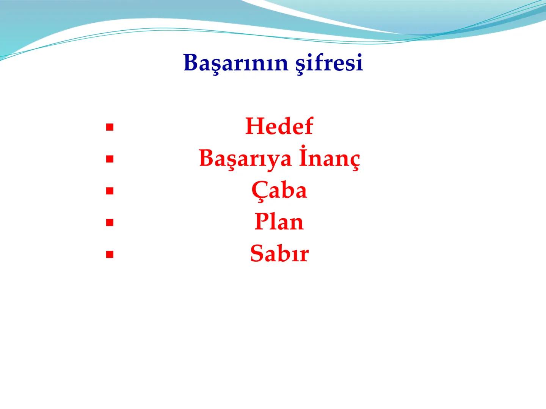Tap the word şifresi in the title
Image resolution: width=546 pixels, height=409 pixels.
[329, 63]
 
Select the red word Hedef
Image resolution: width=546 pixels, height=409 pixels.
[279, 126]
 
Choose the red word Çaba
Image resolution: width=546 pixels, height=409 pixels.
[279, 190]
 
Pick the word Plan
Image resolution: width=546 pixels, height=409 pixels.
[279, 222]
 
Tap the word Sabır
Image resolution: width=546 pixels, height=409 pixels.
[279, 253]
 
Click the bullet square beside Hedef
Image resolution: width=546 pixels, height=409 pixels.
[110, 128]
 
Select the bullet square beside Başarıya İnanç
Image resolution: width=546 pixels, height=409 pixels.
[110, 160]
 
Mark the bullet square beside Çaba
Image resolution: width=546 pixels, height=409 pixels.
[110, 192]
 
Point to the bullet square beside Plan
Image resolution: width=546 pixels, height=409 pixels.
[110, 223]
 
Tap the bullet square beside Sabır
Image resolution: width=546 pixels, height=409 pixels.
[110, 255]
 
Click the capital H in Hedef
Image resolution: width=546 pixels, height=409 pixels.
[254, 126]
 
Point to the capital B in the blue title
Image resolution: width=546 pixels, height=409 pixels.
[190, 62]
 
